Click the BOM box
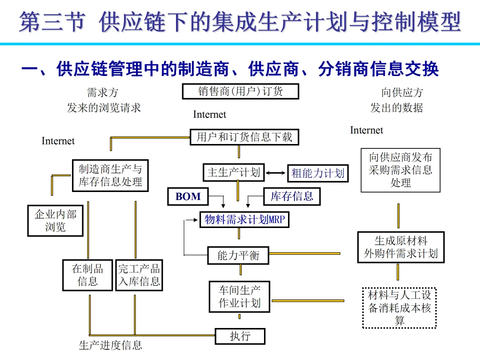[188, 196]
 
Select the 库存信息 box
[292, 196]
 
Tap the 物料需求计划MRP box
[244, 219]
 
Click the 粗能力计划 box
[318, 173]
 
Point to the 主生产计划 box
[234, 172]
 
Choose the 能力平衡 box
[238, 256]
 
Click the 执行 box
[240, 336]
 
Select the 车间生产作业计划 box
[240, 297]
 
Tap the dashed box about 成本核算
[400, 308]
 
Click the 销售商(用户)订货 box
[240, 92]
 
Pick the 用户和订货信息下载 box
[244, 137]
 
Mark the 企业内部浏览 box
[56, 221]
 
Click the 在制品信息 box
[88, 275]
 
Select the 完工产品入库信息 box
[139, 275]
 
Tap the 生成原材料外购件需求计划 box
[400, 247]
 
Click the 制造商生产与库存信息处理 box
[110, 176]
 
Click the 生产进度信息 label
[110, 345]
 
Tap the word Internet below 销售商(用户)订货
[209, 115]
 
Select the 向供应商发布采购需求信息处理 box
[400, 170]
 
